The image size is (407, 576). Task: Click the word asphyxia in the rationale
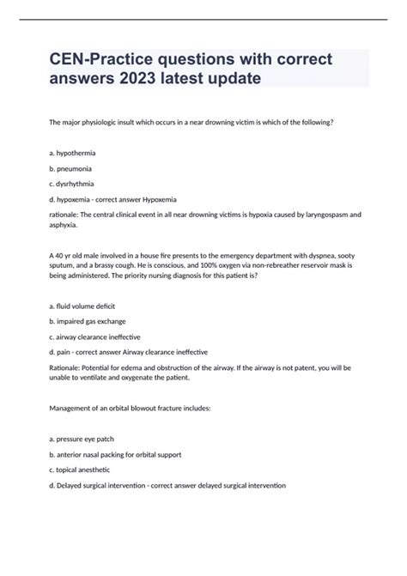(66, 227)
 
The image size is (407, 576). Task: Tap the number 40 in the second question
(61, 256)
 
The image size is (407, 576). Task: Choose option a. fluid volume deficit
(82, 306)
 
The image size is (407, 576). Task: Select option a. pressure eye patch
(84, 438)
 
